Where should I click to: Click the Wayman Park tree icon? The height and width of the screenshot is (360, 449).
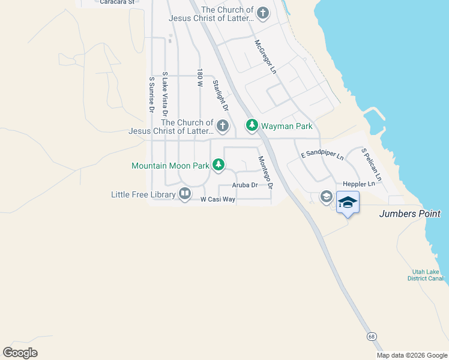[x=252, y=125]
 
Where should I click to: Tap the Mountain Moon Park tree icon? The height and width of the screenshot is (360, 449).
[x=219, y=164]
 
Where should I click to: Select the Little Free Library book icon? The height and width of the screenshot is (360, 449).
[x=185, y=194]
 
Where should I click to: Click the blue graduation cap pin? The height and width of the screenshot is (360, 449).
[x=348, y=203]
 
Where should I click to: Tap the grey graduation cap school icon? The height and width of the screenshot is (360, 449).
[x=327, y=196]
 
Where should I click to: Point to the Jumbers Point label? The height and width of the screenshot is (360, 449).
[x=410, y=214]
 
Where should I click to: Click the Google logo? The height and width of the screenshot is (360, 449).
[x=20, y=353]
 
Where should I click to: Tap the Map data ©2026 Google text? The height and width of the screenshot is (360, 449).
[x=411, y=355]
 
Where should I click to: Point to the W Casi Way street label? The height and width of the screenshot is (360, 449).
[x=217, y=199]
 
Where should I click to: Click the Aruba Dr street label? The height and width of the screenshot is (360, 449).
[x=244, y=185]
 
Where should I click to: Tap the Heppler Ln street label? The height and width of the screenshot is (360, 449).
[x=358, y=184]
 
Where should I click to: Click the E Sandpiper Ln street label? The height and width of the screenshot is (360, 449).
[x=322, y=154]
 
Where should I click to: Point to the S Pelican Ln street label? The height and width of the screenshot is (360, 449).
[x=371, y=164]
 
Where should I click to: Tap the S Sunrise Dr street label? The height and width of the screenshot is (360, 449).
[x=152, y=95]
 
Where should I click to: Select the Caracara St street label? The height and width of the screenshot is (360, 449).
[x=114, y=2]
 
